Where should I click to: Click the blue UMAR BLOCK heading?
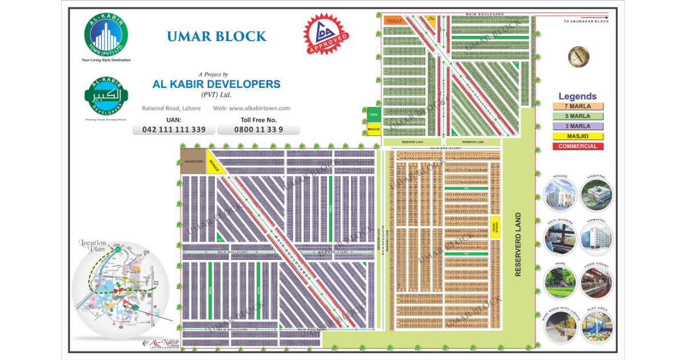(x=217, y=37)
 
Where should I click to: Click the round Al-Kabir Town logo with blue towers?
(x=106, y=35)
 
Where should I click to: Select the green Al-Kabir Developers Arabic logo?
(x=106, y=95)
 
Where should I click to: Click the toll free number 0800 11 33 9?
(x=258, y=130)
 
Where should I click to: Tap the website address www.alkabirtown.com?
(x=252, y=108)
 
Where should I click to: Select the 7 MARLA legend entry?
(x=578, y=106)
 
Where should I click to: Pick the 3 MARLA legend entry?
(x=578, y=126)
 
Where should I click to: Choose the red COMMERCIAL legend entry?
(x=578, y=146)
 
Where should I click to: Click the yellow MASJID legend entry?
(x=578, y=137)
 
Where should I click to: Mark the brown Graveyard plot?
(x=193, y=162)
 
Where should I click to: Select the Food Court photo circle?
(x=596, y=282)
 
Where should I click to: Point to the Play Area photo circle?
(x=596, y=327)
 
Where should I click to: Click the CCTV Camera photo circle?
(x=560, y=238)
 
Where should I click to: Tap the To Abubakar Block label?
(x=586, y=21)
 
